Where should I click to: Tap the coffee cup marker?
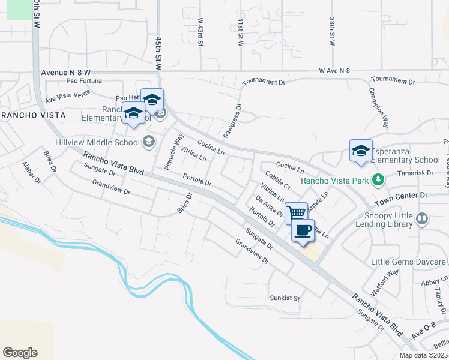pos(303,230)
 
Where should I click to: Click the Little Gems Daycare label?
pos(408,262)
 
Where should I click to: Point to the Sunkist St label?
pos(285,298)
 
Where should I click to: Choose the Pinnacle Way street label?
pos(174,150)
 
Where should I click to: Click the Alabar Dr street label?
pos(31,172)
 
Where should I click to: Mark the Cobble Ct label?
pos(278,179)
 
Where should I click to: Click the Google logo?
pos(20,353)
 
